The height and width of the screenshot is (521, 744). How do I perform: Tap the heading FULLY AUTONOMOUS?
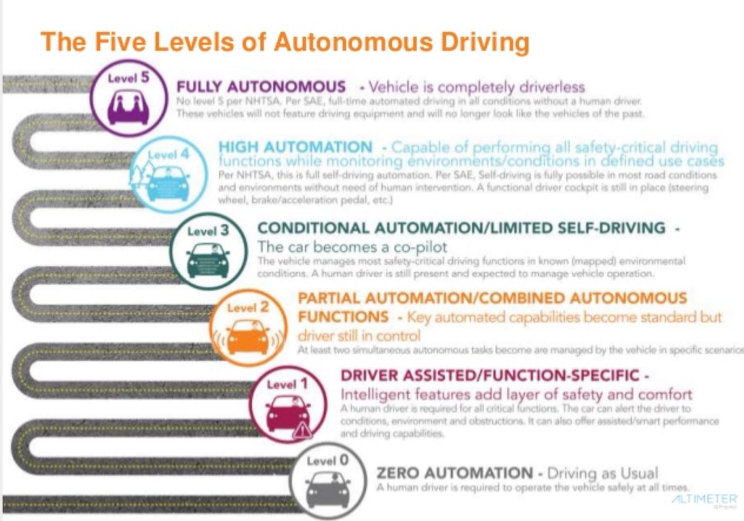click(261, 87)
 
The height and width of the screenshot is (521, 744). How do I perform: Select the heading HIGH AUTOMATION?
click(295, 148)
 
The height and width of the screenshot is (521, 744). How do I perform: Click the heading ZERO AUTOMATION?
click(454, 473)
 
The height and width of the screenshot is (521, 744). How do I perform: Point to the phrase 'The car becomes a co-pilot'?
click(352, 246)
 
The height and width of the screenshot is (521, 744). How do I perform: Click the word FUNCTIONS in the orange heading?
click(343, 317)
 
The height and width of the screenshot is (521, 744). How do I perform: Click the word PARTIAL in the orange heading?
click(327, 298)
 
